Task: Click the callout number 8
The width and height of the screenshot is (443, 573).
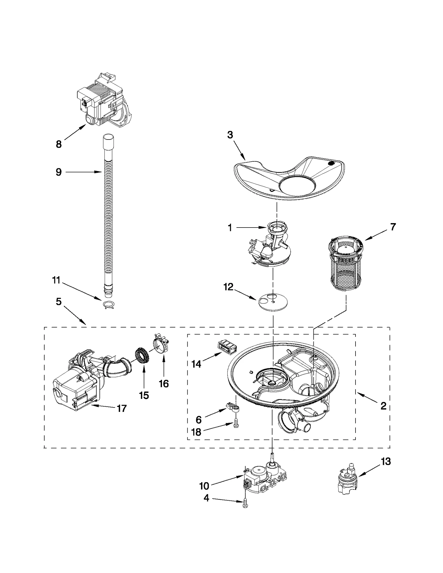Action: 59,144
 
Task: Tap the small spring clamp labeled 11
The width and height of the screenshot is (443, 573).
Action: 109,305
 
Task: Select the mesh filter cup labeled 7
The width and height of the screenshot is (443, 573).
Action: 345,266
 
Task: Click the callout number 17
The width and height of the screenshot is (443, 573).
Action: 122,408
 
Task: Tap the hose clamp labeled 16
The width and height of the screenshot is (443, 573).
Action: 161,343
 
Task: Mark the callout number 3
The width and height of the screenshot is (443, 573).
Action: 230,135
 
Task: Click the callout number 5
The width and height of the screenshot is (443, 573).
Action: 59,301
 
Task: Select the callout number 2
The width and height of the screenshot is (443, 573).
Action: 383,406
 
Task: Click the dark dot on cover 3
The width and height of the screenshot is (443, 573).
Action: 331,164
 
